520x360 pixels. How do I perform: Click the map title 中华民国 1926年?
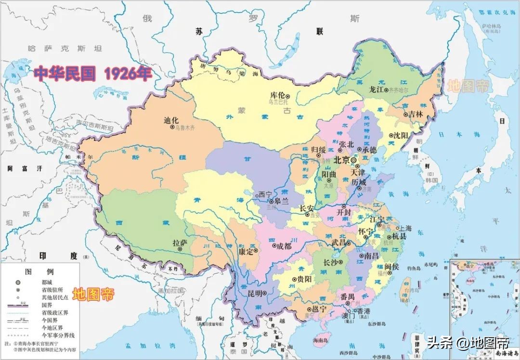point(93,74)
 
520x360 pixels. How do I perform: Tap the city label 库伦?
point(278,95)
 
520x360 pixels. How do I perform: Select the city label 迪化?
point(171,120)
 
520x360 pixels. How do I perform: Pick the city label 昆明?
point(255,293)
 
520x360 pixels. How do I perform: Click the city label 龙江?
point(376,90)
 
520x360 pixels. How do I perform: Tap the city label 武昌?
point(339,243)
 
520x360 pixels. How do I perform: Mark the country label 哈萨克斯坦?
point(65,48)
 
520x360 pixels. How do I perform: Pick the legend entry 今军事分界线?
point(60,335)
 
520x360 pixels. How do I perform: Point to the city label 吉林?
point(415,115)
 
